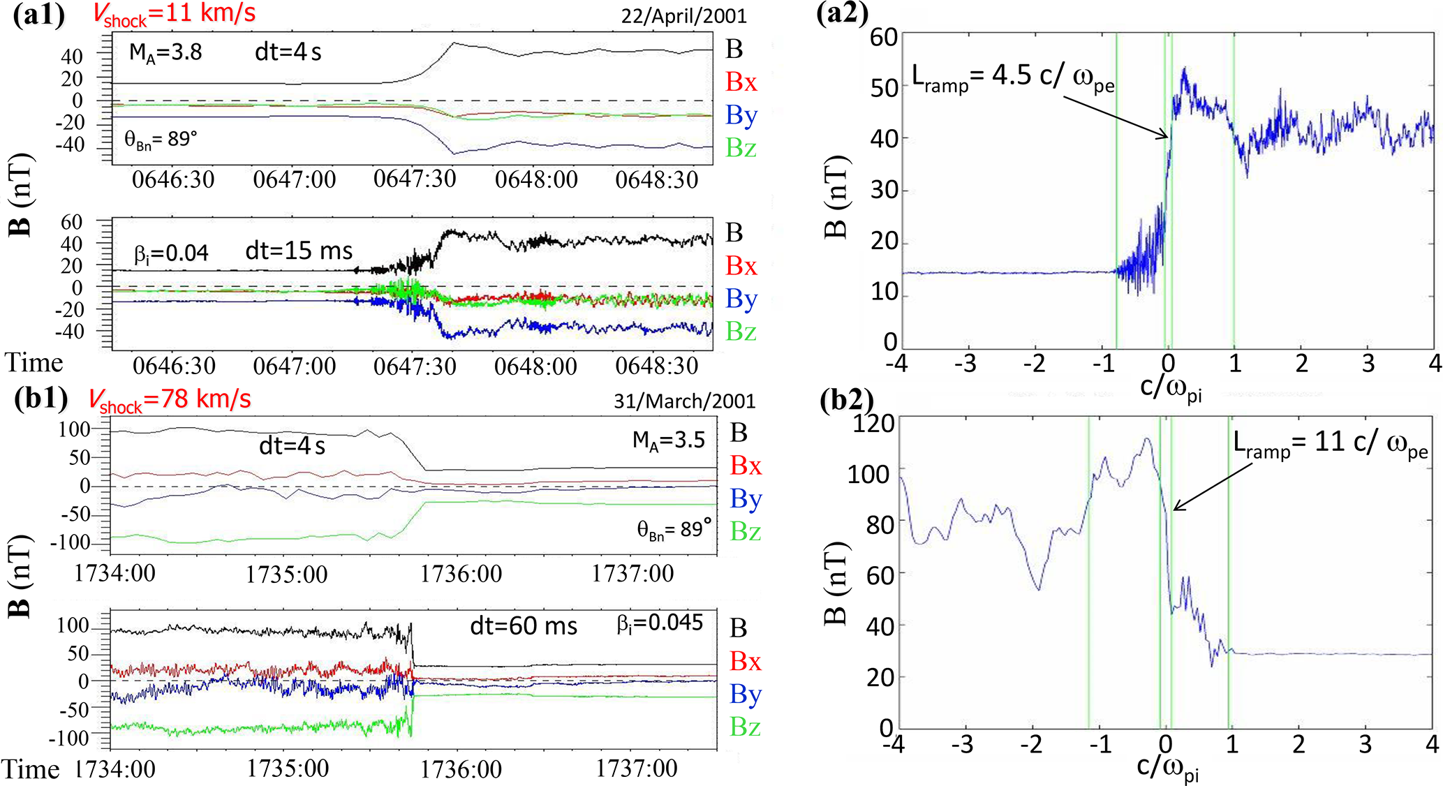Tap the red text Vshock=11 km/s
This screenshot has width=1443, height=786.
tap(174, 15)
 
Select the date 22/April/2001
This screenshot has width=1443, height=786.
tap(683, 16)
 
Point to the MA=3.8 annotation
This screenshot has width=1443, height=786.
tap(165, 52)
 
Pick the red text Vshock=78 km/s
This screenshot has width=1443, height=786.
tap(170, 400)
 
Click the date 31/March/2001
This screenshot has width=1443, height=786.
tap(684, 401)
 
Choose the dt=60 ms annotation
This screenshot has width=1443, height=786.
tap(524, 626)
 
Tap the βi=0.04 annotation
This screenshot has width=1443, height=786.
tap(171, 253)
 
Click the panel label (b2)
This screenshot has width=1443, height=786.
tap(847, 400)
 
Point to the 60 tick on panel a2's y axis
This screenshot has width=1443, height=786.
tap(884, 36)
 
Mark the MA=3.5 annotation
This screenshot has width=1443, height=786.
tap(668, 440)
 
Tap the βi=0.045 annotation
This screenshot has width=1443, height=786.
tap(660, 623)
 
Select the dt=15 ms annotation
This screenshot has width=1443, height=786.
tap(299, 251)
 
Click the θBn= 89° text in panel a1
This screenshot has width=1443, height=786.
tap(161, 140)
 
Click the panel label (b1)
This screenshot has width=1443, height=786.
tap(41, 399)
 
